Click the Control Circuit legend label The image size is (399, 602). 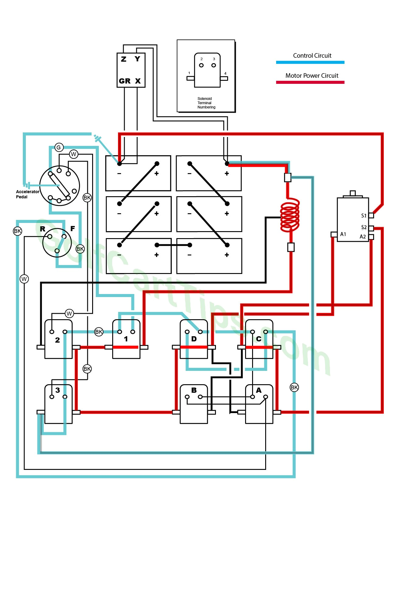[x=312, y=56]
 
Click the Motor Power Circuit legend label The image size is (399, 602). [x=312, y=76]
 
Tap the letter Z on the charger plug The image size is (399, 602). [x=123, y=59]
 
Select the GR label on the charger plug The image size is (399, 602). [x=125, y=81]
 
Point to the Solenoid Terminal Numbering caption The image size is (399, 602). [x=206, y=103]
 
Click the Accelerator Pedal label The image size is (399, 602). [x=27, y=194]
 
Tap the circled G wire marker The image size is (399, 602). [x=59, y=148]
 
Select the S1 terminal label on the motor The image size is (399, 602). [x=364, y=216]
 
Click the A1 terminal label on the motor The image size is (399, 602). [x=343, y=234]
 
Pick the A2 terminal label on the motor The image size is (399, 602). [x=363, y=237]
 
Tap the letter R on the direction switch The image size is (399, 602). [x=43, y=229]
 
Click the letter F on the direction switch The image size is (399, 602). [x=72, y=228]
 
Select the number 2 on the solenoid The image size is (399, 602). [x=57, y=340]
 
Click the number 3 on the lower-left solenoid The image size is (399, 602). [x=57, y=390]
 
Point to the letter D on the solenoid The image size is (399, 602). [x=194, y=339]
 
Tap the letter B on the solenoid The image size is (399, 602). [x=194, y=390]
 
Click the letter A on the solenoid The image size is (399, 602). [x=258, y=390]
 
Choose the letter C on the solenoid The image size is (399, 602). [x=258, y=339]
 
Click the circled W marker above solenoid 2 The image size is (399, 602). [x=69, y=313]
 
